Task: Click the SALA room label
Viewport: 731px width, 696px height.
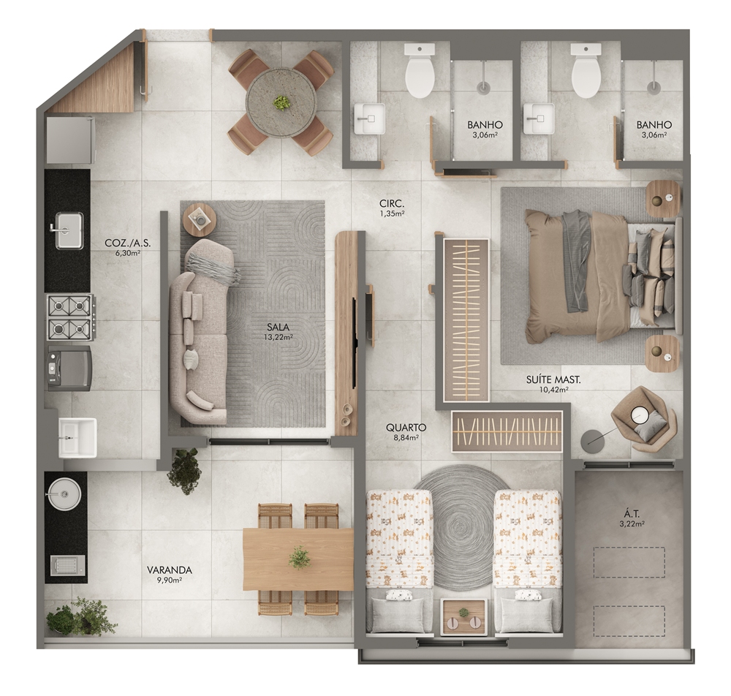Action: pyautogui.click(x=279, y=327)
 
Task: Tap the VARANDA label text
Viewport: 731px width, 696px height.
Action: pyautogui.click(x=170, y=570)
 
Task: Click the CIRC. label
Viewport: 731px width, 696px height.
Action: pyautogui.click(x=392, y=204)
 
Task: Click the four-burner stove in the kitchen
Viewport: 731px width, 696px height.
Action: pyautogui.click(x=70, y=317)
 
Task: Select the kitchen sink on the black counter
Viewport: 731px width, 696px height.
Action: pyautogui.click(x=69, y=230)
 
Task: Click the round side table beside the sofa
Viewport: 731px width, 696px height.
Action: pyautogui.click(x=200, y=218)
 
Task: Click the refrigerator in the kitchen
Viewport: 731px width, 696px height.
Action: pyautogui.click(x=70, y=139)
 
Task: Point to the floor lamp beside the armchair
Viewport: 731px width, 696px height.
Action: pyautogui.click(x=593, y=440)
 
